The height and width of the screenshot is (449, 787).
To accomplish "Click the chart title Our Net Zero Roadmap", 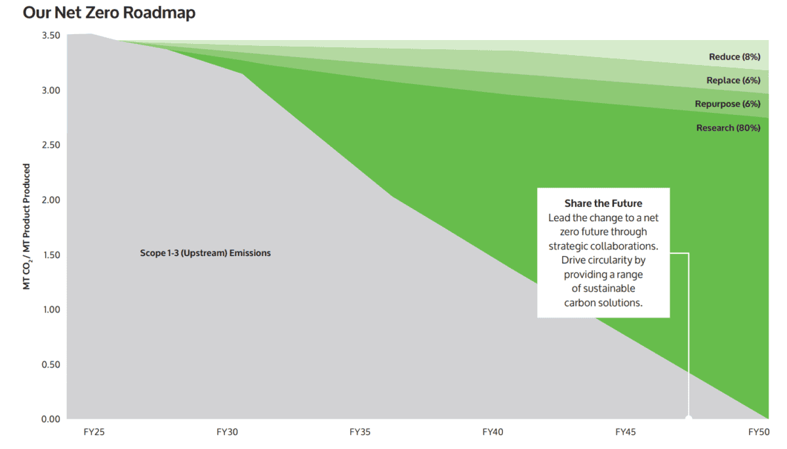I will tap(109, 12).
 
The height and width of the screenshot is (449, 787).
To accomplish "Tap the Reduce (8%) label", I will tap(734, 57).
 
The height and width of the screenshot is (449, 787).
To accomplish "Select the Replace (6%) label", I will tap(733, 81).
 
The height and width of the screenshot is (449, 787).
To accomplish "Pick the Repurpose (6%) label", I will tap(727, 104).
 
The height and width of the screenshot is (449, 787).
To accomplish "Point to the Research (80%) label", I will tap(728, 128).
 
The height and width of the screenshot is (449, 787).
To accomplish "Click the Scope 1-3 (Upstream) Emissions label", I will tap(205, 253).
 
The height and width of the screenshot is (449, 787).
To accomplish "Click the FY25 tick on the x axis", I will tap(93, 433).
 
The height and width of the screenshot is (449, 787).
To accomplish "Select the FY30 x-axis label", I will tap(226, 433).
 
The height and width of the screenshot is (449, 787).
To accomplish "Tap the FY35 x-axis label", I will tap(359, 433).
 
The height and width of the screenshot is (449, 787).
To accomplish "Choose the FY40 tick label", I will tap(493, 433).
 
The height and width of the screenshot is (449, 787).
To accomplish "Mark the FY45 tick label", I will tap(625, 433).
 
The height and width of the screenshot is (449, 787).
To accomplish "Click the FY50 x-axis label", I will tap(758, 433).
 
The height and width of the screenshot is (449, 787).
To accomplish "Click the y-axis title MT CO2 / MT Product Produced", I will tap(27, 227).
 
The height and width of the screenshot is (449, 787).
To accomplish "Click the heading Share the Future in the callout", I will tap(603, 203).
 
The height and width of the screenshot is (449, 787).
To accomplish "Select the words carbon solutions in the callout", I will tap(603, 303).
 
